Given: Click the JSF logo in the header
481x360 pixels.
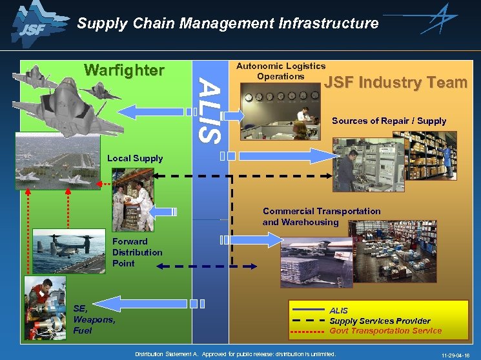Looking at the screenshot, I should pyautogui.click(x=30, y=24).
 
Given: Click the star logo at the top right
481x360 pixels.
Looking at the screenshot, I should pyautogui.click(x=440, y=19).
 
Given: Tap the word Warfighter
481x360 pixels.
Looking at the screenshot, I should pyautogui.click(x=125, y=70).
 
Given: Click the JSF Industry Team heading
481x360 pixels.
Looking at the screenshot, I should pyautogui.click(x=395, y=83).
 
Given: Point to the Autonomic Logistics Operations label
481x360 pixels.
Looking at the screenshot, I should pyautogui.click(x=280, y=71).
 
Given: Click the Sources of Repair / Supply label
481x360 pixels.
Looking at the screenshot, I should pyautogui.click(x=389, y=121).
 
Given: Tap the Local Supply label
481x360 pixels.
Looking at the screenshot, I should pyautogui.click(x=135, y=158).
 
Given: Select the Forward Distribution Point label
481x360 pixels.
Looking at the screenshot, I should pyautogui.click(x=137, y=252).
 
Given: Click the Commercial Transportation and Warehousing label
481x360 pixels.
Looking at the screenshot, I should pyautogui.click(x=321, y=217).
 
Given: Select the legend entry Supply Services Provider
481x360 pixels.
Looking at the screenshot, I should pyautogui.click(x=380, y=321).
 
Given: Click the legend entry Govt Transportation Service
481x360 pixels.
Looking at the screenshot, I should pyautogui.click(x=385, y=331).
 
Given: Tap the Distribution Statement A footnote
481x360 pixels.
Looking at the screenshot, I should pyautogui.click(x=235, y=354).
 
